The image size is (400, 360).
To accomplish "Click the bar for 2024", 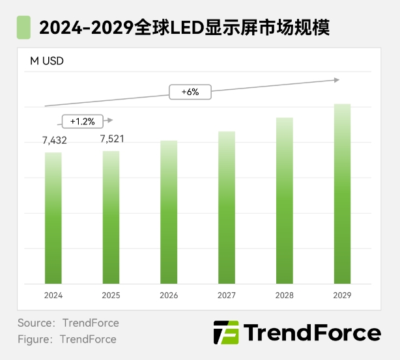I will pyautogui.click(x=53, y=218).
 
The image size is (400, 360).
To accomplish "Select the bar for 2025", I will pyautogui.click(x=111, y=217).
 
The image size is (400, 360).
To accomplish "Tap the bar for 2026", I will pyautogui.click(x=169, y=212).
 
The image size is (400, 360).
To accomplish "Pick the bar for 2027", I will pyautogui.click(x=227, y=208).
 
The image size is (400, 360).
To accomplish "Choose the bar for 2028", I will pyautogui.click(x=284, y=201).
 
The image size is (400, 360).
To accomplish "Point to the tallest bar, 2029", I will pyautogui.click(x=342, y=194).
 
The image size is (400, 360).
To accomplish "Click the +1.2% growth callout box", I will pyautogui.click(x=82, y=120).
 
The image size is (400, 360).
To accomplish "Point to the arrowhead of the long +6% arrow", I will pyautogui.click(x=337, y=80).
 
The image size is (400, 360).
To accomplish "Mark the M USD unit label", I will pyautogui.click(x=47, y=62).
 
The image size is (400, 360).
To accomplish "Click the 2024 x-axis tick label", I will pyautogui.click(x=53, y=295).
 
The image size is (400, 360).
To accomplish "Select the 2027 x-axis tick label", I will pyautogui.click(x=227, y=295).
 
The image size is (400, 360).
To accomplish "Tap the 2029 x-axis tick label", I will pyautogui.click(x=342, y=295).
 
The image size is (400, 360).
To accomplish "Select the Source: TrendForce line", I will pyautogui.click(x=68, y=323).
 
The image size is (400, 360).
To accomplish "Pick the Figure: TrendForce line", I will pyautogui.click(x=66, y=339).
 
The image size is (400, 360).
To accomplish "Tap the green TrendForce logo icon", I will pyautogui.click(x=226, y=333).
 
